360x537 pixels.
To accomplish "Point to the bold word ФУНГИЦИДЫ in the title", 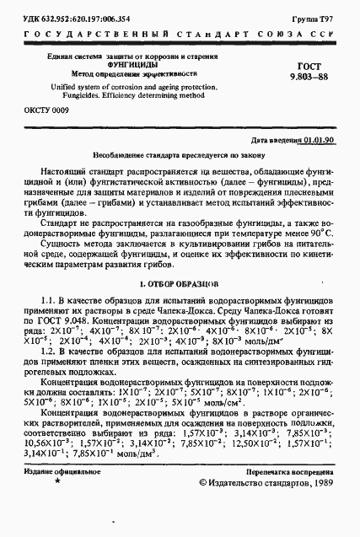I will [x=133, y=63].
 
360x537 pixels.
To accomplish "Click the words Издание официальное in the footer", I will [x=57, y=497].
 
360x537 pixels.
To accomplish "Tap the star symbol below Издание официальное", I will [x=56, y=508].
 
